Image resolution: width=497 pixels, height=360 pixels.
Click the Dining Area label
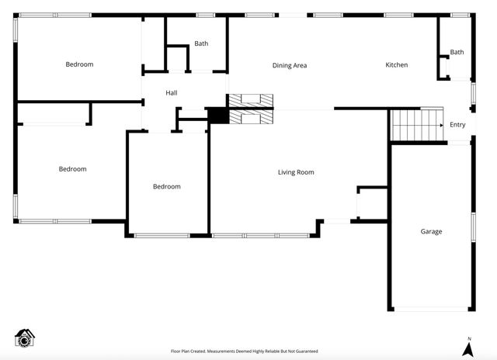tap(289, 65)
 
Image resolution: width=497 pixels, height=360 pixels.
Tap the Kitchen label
tap(396, 65)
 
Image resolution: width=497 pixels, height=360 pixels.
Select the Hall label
tap(172, 93)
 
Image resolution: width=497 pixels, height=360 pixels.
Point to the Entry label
tap(457, 125)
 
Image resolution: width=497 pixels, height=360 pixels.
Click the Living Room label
tap(296, 172)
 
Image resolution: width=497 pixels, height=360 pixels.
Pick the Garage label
tap(431, 232)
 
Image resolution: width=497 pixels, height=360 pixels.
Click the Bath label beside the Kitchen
tap(457, 53)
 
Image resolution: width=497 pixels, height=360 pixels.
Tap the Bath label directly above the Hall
tap(201, 44)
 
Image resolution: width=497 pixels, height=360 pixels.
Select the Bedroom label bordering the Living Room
tap(166, 186)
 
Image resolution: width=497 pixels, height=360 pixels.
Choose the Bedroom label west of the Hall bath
tap(79, 64)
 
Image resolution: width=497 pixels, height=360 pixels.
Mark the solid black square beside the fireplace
tap(217, 116)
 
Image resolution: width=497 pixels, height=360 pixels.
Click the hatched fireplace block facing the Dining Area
tap(250, 99)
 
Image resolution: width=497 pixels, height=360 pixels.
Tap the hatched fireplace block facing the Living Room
tap(250, 116)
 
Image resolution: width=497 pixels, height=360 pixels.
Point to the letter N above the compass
tap(469, 338)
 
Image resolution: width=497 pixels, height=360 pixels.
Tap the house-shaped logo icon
tap(26, 338)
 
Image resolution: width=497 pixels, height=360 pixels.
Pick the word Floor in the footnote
tap(176, 351)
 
